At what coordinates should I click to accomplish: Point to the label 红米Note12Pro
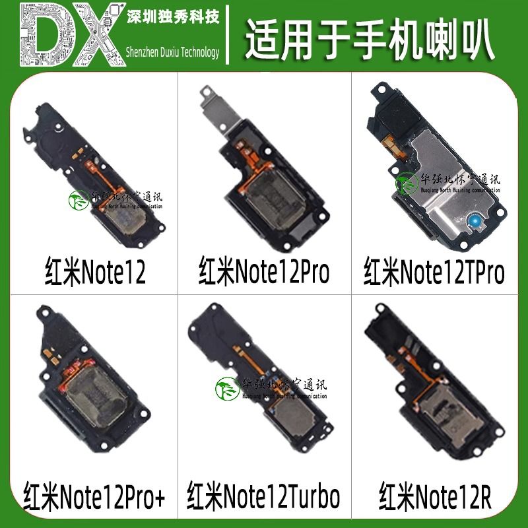pos(264,271)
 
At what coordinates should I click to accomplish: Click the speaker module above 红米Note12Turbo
pos(264,389)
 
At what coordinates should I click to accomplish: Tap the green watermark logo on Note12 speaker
pos(79,201)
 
